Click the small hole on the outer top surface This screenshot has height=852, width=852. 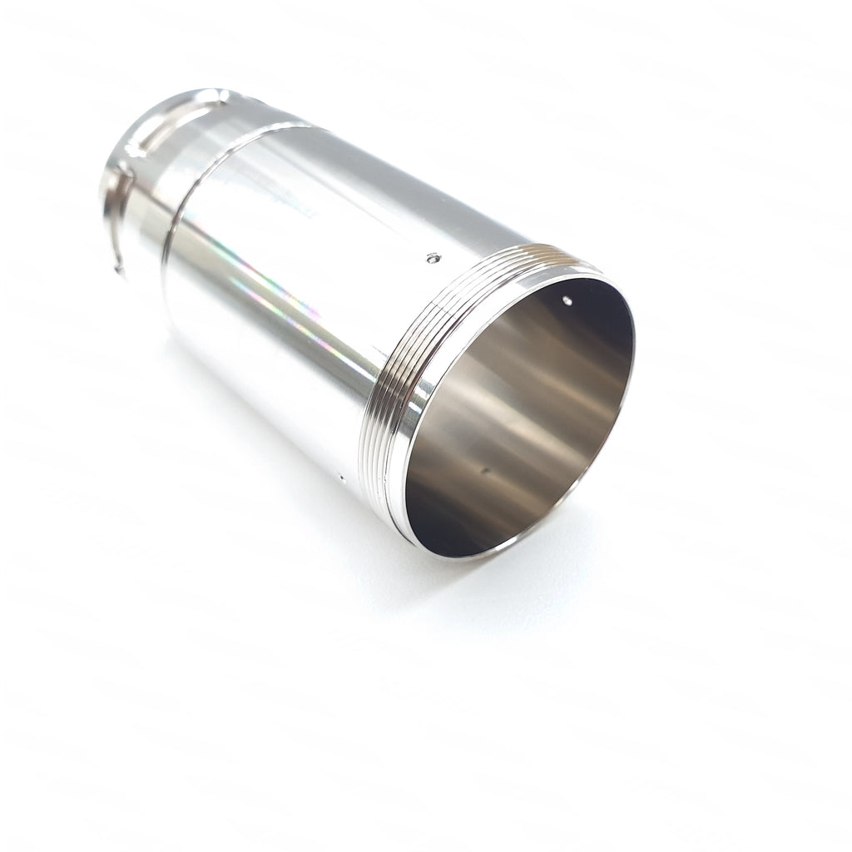pyautogui.click(x=430, y=259)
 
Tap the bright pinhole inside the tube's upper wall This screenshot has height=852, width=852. pyautogui.click(x=567, y=298)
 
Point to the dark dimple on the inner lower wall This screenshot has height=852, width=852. pyautogui.click(x=485, y=472)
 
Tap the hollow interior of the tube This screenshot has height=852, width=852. pyautogui.click(x=524, y=416)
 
